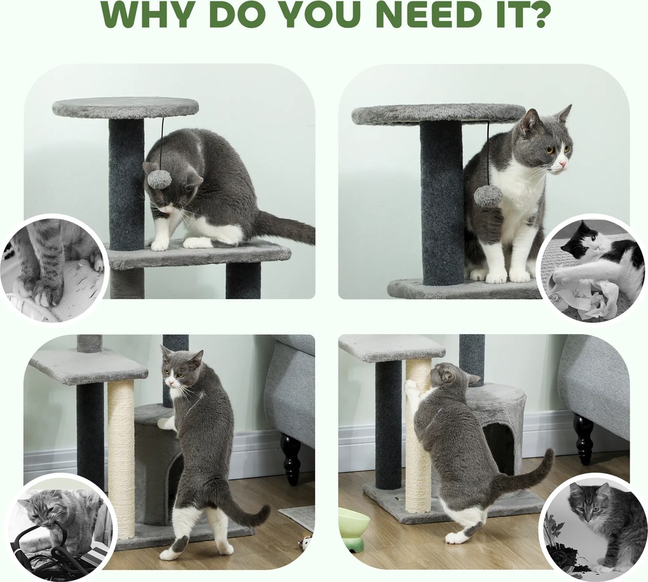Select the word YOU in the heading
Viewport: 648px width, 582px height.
point(312,15)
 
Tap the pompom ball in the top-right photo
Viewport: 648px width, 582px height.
point(487,195)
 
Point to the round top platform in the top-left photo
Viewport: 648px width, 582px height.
point(125,107)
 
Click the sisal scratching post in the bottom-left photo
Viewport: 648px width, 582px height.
point(121,459)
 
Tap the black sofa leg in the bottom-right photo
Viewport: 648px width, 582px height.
point(583,438)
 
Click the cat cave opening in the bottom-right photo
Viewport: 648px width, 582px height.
point(499,449)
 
